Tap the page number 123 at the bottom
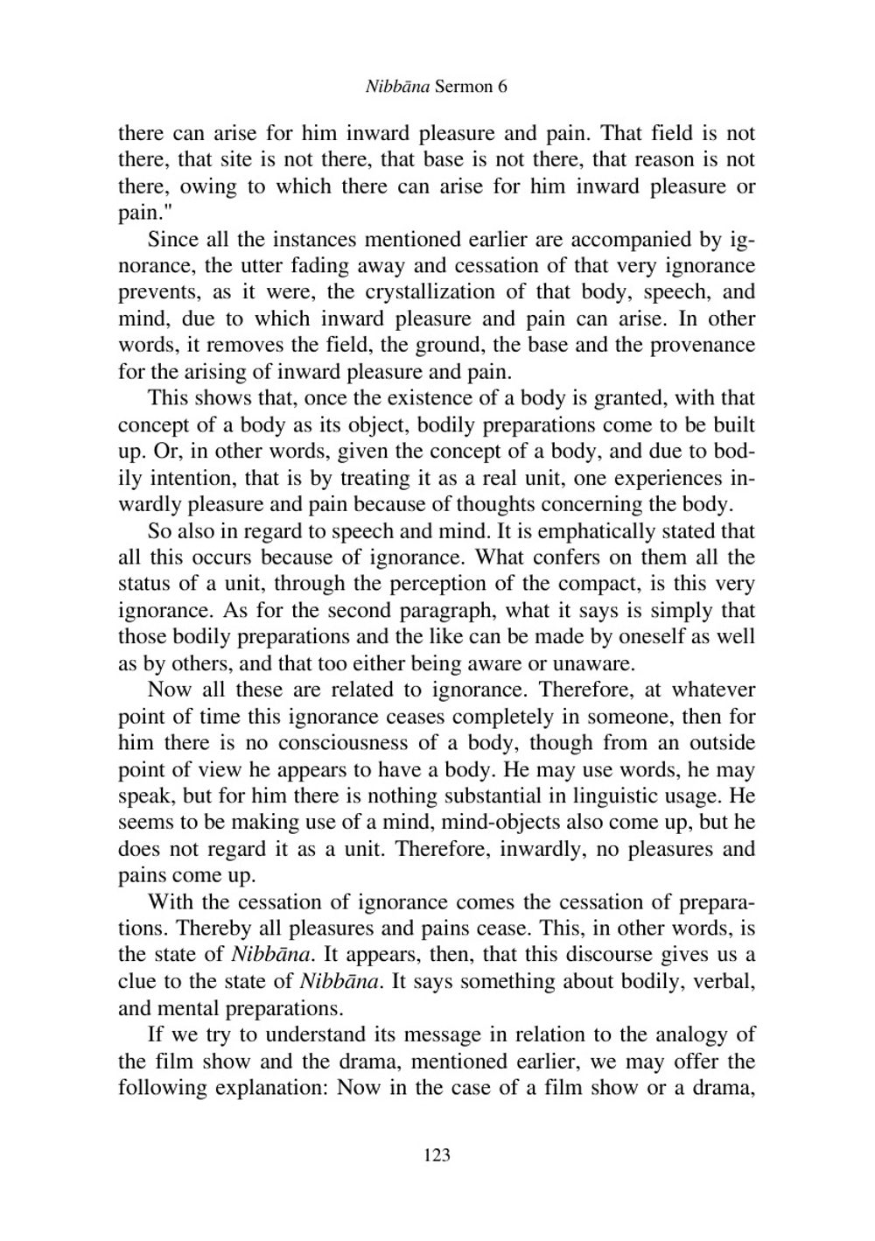(x=437, y=1155)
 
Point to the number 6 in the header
(x=502, y=87)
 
